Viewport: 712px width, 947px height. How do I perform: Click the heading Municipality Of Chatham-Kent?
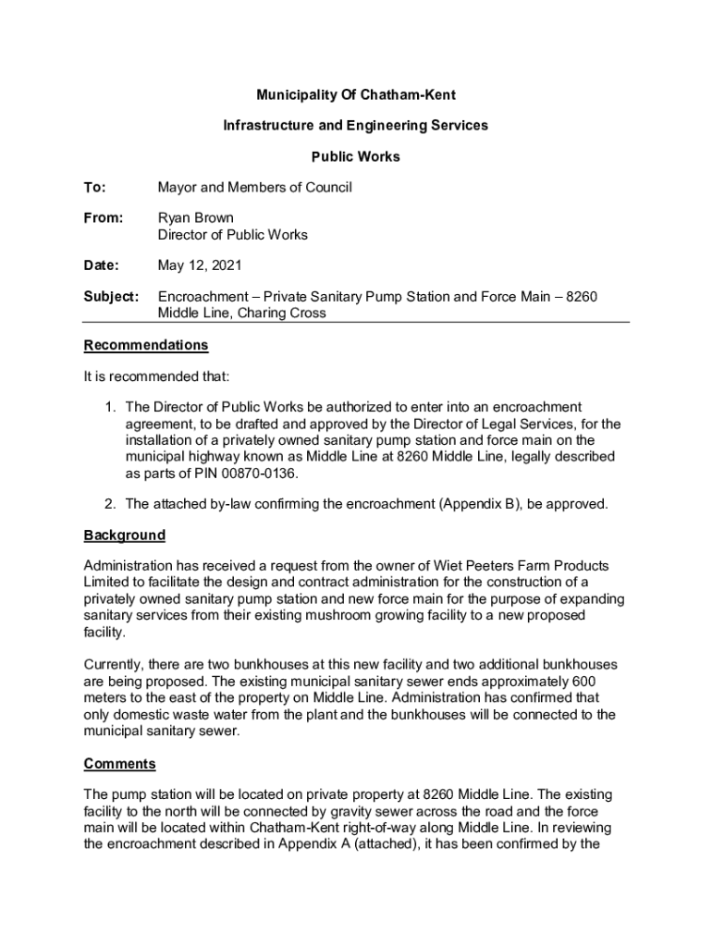point(356,95)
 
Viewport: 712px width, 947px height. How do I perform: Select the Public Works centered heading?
point(356,157)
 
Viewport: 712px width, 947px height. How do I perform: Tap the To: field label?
point(94,188)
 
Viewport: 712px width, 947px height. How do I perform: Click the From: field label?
point(103,218)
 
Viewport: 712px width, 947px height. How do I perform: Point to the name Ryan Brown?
point(195,218)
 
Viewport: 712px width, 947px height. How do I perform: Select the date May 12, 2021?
point(200,266)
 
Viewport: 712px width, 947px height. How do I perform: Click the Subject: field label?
point(111,297)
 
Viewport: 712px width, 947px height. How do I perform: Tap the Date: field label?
point(101,266)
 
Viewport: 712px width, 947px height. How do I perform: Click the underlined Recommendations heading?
point(146,346)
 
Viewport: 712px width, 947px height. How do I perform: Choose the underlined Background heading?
point(125,535)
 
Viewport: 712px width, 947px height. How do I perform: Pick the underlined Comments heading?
point(119,765)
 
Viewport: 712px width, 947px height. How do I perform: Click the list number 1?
point(109,408)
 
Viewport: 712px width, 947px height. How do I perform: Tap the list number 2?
point(109,505)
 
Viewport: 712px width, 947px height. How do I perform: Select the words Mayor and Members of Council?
point(254,188)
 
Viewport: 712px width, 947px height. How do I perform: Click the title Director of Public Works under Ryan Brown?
point(232,235)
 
